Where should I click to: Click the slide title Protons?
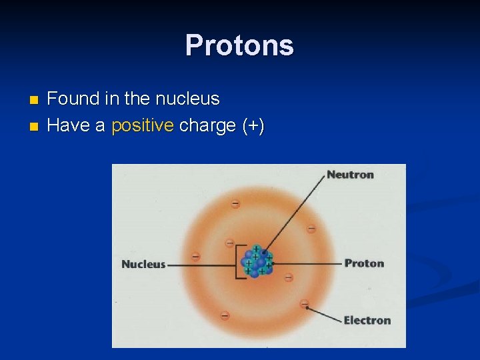[239, 45]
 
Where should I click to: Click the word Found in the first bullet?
[73, 99]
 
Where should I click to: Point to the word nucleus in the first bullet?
[187, 99]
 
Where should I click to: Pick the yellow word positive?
[143, 125]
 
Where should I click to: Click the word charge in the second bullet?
[207, 125]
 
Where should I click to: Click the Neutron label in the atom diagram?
[350, 175]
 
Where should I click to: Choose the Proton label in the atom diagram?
[364, 263]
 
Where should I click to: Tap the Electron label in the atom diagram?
[367, 320]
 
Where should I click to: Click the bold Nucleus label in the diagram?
[143, 264]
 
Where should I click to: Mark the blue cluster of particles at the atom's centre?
[257, 263]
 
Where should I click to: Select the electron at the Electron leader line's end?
[305, 304]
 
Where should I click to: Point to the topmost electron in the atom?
[235, 203]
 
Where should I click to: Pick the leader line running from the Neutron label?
[297, 213]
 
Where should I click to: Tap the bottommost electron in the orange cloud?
[225, 315]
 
